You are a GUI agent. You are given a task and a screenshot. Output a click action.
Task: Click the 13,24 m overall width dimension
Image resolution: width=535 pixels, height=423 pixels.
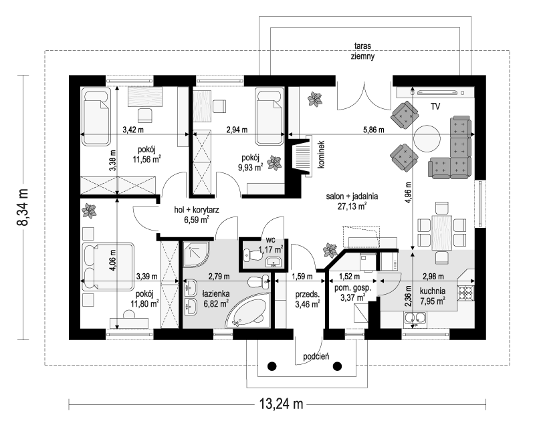281,404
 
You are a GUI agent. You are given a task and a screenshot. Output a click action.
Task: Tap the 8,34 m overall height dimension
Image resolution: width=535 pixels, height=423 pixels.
23,207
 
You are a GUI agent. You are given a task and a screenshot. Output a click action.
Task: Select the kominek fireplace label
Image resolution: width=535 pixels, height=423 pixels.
321,154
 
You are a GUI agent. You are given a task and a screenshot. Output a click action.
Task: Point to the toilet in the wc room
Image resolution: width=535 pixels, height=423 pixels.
252,255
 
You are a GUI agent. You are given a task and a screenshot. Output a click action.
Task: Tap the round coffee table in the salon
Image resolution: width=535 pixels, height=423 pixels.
427,139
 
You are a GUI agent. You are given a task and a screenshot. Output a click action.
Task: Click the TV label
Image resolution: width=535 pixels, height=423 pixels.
435,107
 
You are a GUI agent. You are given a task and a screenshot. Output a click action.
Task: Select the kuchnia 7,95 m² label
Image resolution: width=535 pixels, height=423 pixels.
432,296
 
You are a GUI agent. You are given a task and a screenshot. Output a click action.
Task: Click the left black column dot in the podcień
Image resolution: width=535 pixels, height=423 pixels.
272,366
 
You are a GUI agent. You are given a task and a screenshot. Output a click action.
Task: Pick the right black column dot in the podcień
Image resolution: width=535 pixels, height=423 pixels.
337,366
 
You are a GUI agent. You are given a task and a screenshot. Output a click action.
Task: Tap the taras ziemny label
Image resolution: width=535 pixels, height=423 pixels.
362,51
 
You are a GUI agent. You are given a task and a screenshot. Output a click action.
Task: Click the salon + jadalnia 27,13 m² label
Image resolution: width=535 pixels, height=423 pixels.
352,201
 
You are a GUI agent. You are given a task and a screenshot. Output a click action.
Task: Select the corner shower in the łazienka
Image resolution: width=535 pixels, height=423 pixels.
196,254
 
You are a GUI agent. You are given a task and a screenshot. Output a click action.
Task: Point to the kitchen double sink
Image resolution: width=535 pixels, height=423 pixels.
415,318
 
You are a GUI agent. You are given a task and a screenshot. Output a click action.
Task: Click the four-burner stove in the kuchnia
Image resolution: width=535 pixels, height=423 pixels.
465,293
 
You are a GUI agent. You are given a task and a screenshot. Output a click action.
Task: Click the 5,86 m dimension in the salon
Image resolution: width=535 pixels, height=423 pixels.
374,130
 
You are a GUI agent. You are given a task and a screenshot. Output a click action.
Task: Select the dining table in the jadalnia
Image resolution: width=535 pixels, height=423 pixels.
441,233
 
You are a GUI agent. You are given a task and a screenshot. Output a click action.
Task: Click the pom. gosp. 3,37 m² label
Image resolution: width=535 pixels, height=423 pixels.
352,293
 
